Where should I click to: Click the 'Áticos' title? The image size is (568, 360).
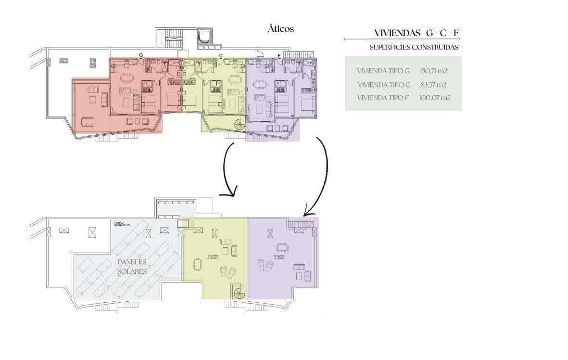coord(280,29)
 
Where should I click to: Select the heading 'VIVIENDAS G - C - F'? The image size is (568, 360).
coord(416,33)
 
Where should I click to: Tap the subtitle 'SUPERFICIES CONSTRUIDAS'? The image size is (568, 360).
coord(414,47)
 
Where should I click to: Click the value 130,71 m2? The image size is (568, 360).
coord(433,71)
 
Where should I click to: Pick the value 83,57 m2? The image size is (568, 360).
coord(434,84)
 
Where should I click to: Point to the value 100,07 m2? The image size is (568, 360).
coord(434,98)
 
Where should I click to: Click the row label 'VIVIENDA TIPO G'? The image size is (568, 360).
coord(383,71)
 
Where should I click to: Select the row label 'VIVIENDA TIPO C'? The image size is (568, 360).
coord(384,84)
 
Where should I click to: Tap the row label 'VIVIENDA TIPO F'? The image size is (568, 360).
coord(384,98)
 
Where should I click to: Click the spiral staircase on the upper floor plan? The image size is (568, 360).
coord(239,125)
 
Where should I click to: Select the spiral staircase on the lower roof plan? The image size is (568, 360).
coord(239,291)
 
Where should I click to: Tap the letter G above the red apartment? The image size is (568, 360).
coord(141,55)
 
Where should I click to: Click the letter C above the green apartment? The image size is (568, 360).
coord(221,55)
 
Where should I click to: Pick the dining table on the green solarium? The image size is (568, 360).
coord(197,264)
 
